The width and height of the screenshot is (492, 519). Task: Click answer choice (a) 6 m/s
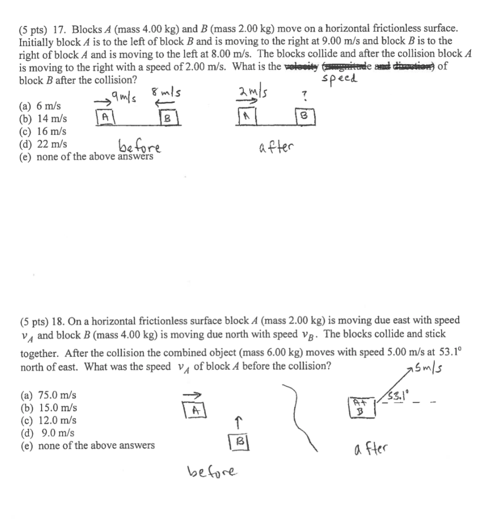tap(40, 105)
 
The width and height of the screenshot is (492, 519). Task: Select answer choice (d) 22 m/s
tap(43, 144)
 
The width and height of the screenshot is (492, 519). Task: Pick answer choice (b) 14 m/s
tap(43, 118)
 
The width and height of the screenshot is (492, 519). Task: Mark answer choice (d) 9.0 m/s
tap(47, 433)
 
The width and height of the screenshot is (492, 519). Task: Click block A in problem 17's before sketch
tap(104, 117)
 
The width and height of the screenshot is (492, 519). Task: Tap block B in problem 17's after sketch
tap(304, 117)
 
